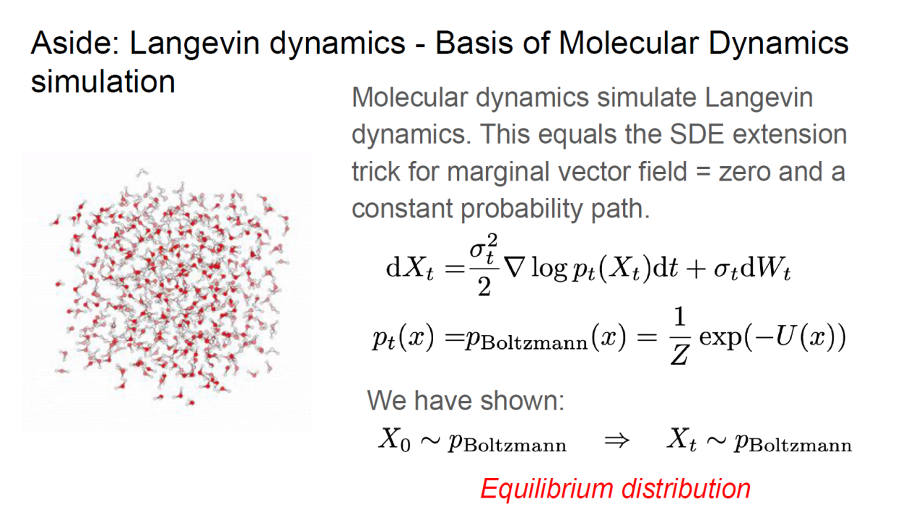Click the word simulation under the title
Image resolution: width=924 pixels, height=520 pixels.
(x=103, y=82)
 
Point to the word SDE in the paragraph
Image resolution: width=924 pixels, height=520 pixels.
(x=697, y=134)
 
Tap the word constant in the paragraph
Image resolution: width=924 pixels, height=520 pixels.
(x=402, y=209)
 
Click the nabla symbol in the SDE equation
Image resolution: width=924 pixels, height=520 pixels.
(x=515, y=268)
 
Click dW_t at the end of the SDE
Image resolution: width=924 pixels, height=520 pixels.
(x=766, y=269)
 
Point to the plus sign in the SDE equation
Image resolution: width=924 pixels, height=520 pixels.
(x=696, y=270)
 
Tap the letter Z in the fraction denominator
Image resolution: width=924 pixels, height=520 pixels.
(x=679, y=355)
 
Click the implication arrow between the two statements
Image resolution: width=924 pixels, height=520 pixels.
(x=617, y=441)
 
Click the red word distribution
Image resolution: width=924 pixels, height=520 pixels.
(x=686, y=489)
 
